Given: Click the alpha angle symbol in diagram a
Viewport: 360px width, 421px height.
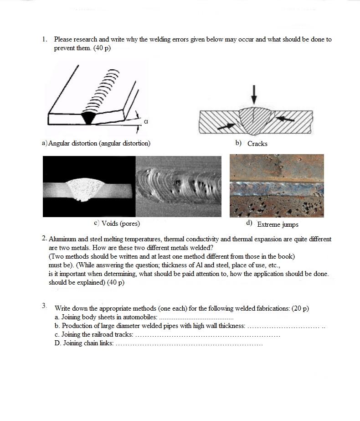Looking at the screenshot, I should click(146, 122).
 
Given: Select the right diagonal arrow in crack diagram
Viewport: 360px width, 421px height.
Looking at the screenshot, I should click(285, 119).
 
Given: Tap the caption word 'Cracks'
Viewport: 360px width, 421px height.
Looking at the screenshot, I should click(257, 144).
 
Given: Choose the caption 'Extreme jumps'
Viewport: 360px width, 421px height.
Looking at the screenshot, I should click(278, 224).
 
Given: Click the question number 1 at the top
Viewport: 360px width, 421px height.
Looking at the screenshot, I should click(44, 39).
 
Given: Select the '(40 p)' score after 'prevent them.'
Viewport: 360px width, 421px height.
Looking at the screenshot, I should click(102, 48).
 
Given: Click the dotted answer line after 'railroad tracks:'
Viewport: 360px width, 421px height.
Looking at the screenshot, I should click(207, 335).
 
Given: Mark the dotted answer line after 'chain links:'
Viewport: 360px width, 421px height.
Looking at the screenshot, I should click(189, 343).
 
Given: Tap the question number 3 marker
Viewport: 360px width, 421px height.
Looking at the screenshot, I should click(44, 306).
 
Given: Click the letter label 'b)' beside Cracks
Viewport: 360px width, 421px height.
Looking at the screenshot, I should click(238, 143).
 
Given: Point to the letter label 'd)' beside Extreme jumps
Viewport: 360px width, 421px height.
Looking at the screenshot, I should click(249, 223).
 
